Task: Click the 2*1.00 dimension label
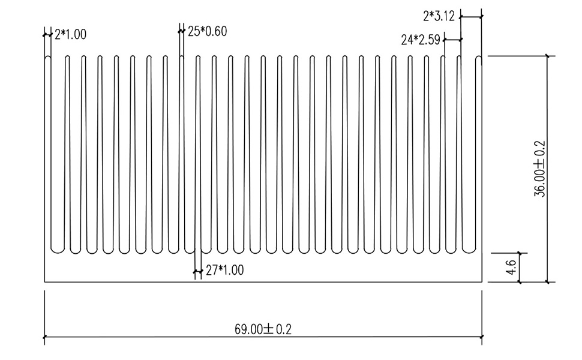tap(70, 35)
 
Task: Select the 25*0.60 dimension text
tap(207, 31)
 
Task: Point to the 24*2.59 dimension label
tap(421, 40)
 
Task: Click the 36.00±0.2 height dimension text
tap(539, 169)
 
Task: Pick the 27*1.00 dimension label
tap(224, 271)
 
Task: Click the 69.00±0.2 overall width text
tap(263, 329)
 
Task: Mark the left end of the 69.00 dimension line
tap(45, 337)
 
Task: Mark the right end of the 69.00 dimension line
tap(482, 337)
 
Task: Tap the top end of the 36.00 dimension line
tap(547, 56)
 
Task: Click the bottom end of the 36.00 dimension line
tap(547, 282)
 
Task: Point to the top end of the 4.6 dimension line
tap(520, 253)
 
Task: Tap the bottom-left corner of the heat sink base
tap(45, 282)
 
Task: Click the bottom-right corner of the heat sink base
tap(482, 282)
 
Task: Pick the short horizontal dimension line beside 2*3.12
tap(471, 17)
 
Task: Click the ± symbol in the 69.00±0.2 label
tap(268, 329)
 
